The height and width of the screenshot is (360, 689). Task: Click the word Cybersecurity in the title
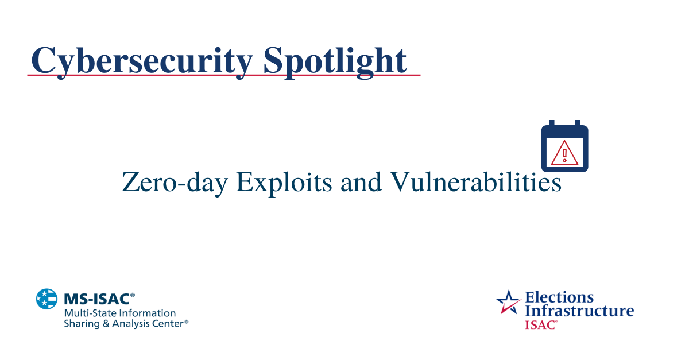pos(141,60)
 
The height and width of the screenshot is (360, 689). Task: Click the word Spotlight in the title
pos(335,60)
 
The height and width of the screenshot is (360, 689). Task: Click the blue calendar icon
pos(564,146)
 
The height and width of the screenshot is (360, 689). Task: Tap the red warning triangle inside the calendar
pos(564,153)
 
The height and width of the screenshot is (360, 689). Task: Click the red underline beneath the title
pos(224,75)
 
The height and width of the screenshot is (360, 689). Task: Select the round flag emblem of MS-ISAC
pos(47,299)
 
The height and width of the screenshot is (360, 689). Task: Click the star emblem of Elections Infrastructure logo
pos(508,303)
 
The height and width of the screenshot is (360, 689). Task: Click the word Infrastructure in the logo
pos(579,311)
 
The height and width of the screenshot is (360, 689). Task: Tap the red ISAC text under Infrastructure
pos(539,324)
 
